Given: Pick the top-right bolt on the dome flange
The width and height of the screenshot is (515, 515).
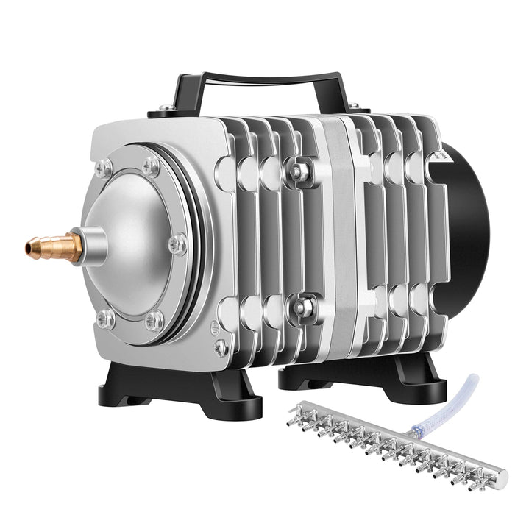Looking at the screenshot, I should click(x=152, y=165).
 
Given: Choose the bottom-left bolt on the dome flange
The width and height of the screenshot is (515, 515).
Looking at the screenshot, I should click(x=105, y=318).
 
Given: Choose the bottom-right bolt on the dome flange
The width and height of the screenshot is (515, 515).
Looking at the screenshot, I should click(x=154, y=320).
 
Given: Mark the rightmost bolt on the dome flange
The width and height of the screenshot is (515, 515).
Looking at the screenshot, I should click(x=177, y=244).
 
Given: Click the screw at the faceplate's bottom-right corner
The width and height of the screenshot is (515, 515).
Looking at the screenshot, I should click(x=220, y=347).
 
